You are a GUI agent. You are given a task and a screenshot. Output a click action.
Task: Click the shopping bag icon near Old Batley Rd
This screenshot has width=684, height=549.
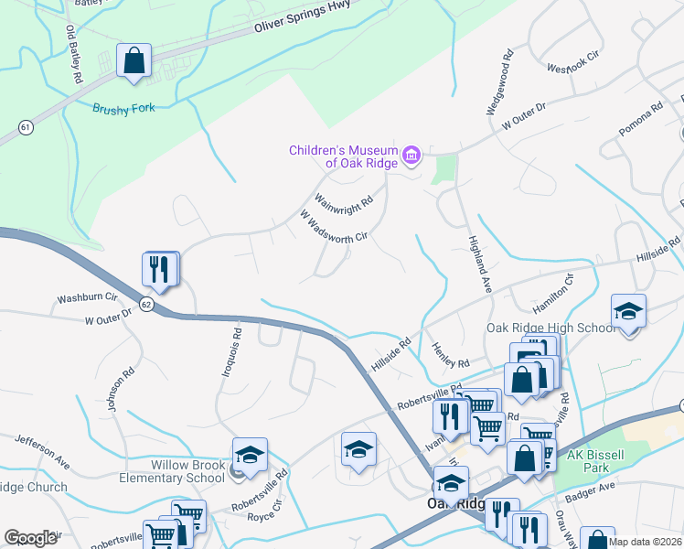click(134, 61)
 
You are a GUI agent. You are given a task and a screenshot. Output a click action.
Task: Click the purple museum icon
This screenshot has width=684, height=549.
click(411, 156)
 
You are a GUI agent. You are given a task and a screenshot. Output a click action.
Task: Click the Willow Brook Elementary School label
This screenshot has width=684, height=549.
click(172, 471)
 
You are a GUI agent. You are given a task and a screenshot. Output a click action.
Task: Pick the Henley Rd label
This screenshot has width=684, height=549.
click(450, 349)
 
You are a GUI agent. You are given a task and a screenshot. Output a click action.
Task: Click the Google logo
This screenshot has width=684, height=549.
click(31, 537)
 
